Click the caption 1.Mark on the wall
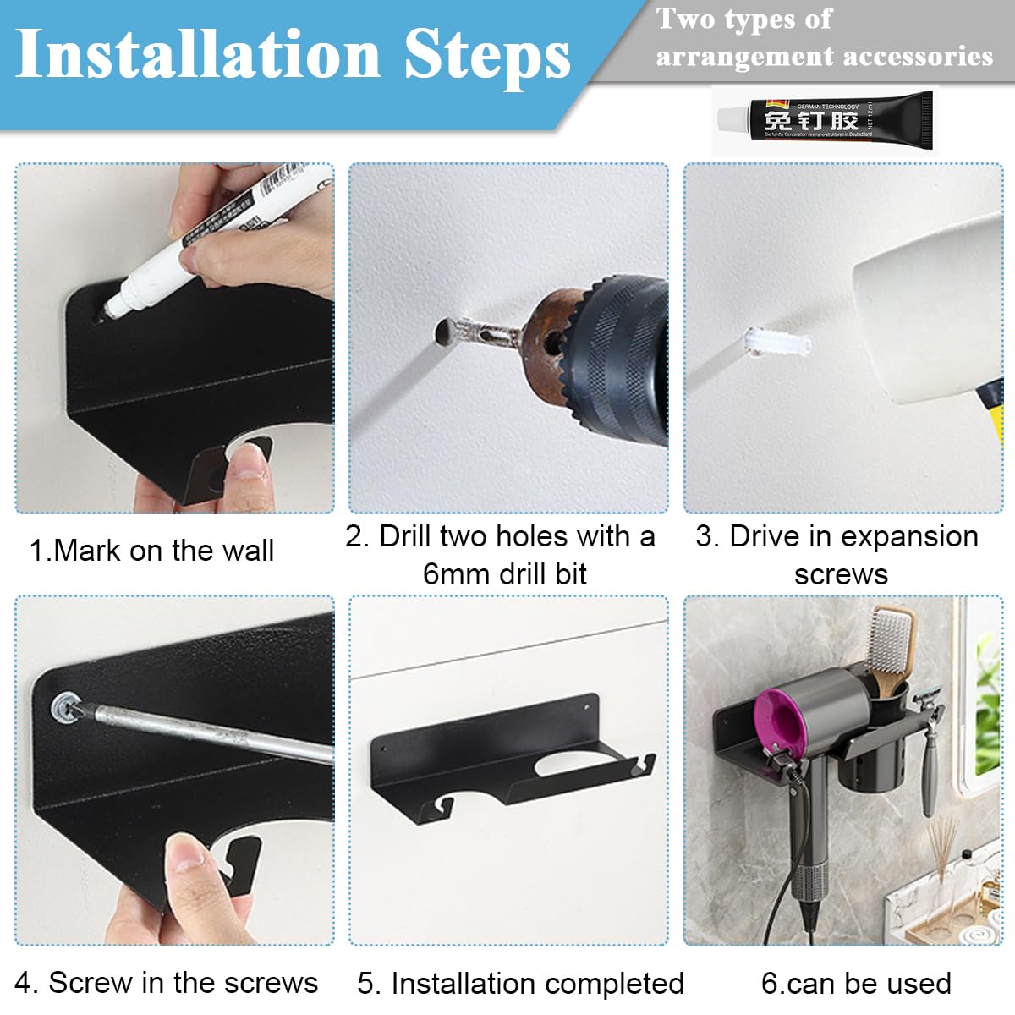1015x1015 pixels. (151, 551)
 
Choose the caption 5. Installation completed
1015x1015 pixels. (520, 984)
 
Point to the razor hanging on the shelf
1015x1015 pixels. (931, 744)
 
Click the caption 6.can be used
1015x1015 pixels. (856, 984)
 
